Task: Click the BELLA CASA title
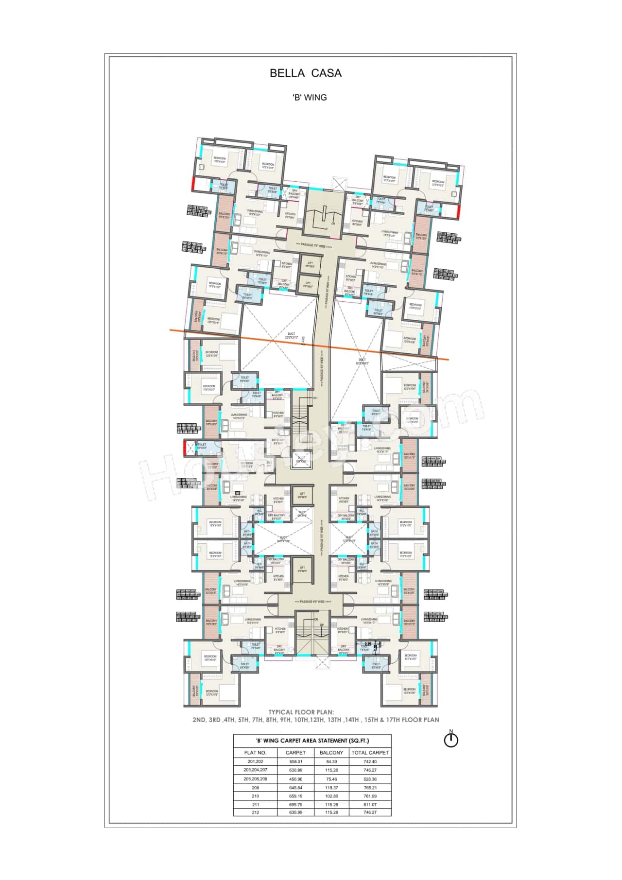306,73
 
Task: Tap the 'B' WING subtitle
309,97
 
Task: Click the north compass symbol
451,740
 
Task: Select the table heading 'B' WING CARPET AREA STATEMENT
312,741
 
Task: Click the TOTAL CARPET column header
370,753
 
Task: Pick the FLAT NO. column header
255,753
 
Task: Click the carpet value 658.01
295,762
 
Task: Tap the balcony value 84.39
331,762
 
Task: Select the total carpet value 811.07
370,804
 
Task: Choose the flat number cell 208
255,787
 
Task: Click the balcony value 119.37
331,787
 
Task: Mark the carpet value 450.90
295,779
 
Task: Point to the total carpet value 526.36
370,779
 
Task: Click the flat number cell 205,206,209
255,779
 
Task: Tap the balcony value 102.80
331,796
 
